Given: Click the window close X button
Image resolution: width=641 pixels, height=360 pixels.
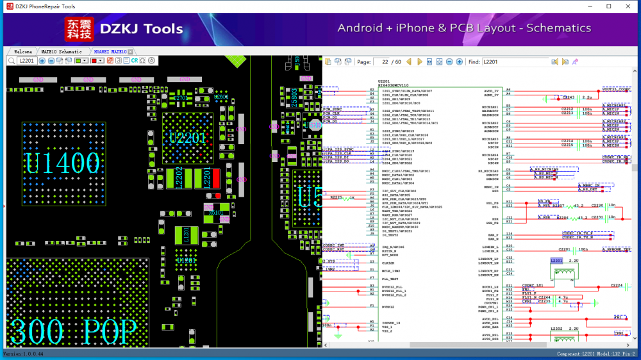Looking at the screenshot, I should pos(626,6).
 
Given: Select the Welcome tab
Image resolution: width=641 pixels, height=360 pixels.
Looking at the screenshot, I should pos(23,51).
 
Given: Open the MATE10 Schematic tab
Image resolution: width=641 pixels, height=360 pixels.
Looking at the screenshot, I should pos(62,51).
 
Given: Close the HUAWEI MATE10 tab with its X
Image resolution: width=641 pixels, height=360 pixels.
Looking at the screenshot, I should pos(131,51).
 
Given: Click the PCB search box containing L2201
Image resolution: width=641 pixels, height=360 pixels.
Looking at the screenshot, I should pos(26,61).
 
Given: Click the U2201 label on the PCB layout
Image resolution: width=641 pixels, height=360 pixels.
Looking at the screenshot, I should pos(188,138).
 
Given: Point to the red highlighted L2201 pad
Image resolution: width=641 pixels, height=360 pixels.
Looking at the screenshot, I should pos(216,178).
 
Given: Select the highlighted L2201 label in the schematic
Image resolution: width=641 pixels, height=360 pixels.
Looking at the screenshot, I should pos(555,261).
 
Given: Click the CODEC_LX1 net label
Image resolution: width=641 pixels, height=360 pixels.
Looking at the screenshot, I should pos(533,285).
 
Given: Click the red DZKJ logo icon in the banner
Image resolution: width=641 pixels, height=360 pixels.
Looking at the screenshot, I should pos(79,28).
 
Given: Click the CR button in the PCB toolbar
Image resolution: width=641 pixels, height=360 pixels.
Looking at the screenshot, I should pos(135,61).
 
